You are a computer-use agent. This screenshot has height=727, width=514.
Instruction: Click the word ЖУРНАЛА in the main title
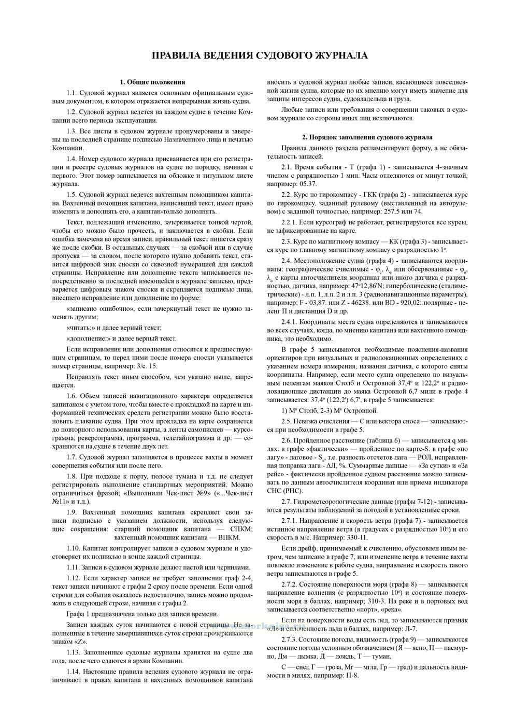[335, 55]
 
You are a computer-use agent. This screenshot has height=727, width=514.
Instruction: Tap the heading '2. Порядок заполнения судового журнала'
[367, 137]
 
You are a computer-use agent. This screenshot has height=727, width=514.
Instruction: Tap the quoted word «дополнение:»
[87, 338]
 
